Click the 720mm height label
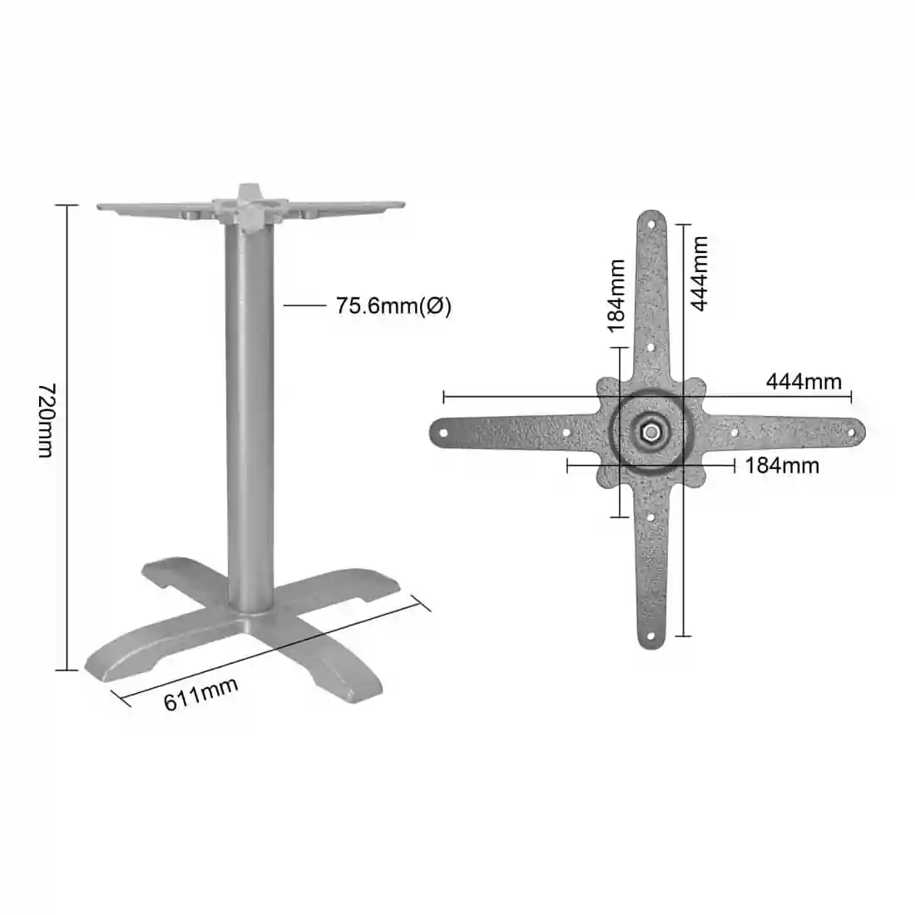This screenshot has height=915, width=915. (46, 420)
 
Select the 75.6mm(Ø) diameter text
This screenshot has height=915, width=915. (393, 306)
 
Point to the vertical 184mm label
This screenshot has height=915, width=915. (616, 295)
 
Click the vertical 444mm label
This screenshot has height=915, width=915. (700, 274)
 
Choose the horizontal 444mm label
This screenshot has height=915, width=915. (803, 382)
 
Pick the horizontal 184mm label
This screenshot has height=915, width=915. (781, 465)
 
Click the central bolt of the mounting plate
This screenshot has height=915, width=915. (650, 432)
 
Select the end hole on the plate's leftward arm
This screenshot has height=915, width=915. (443, 433)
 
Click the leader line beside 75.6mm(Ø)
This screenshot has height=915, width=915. (304, 306)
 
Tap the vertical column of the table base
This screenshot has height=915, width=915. (248, 416)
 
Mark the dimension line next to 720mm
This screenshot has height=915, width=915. (67, 437)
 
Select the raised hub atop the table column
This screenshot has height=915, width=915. (247, 205)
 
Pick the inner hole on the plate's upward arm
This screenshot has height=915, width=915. (651, 349)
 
